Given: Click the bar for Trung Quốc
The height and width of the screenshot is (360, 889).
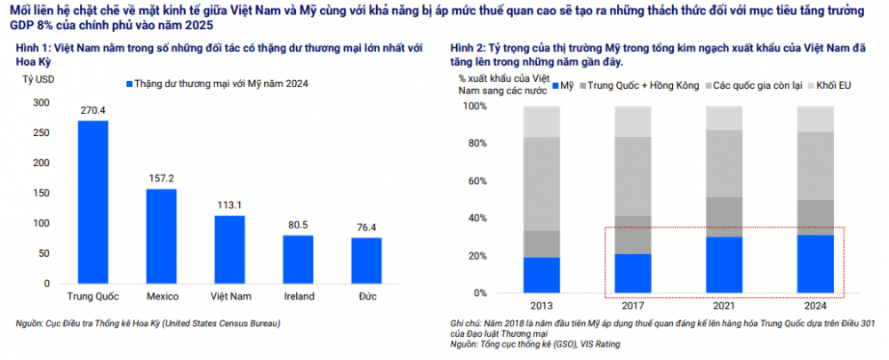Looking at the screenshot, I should tap(92, 202).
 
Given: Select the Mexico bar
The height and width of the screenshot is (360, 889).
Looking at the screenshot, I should tap(161, 236).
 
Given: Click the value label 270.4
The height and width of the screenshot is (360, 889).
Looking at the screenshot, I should tap(92, 111).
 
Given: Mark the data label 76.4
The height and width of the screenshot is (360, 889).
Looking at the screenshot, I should tap(366, 228).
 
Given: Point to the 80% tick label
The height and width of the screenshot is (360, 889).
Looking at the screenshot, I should tap(477, 143).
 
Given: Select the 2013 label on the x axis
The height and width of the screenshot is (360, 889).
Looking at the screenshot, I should tap(541, 305).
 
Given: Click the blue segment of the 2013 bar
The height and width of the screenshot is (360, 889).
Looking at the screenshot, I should tap(541, 275).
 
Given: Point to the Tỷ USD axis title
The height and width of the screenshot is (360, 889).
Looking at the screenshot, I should tap(36, 81).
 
